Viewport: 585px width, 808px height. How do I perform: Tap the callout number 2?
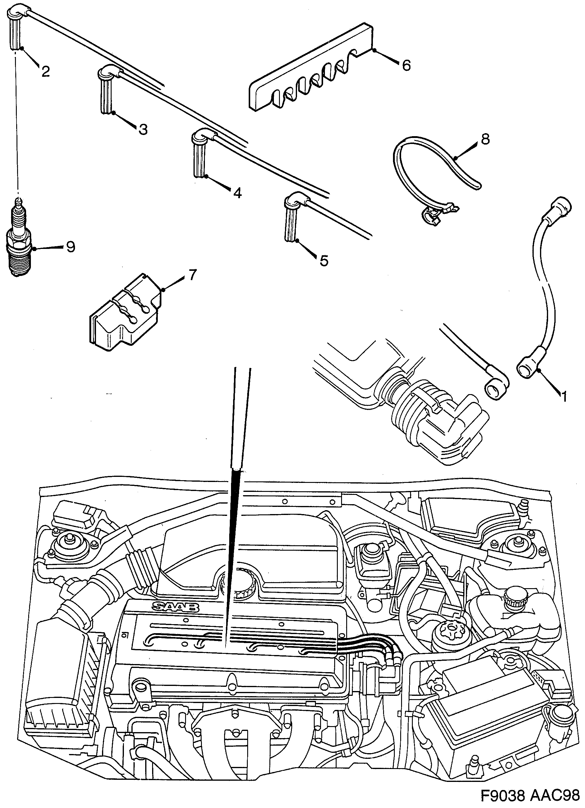[45, 72]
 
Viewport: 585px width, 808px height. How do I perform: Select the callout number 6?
[406, 65]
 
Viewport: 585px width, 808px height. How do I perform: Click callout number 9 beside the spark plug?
[70, 247]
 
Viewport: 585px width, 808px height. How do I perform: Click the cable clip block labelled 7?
[123, 313]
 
